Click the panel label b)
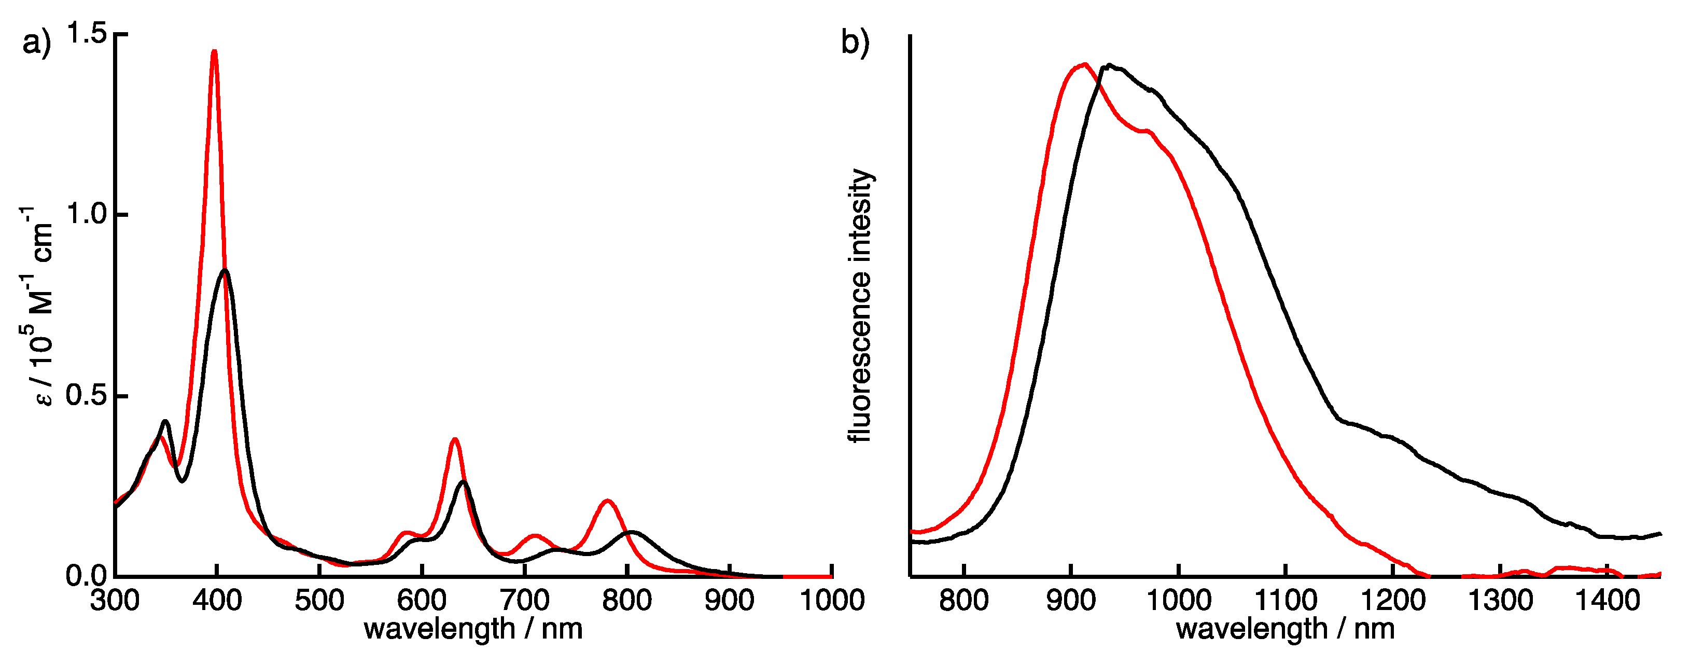(855, 43)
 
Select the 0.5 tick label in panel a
(87, 396)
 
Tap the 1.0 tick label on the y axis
(87, 214)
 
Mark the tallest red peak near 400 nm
(214, 51)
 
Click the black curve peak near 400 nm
(225, 271)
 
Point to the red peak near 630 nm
(454, 439)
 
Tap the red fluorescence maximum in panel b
(1083, 65)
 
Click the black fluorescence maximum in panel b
(1109, 65)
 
